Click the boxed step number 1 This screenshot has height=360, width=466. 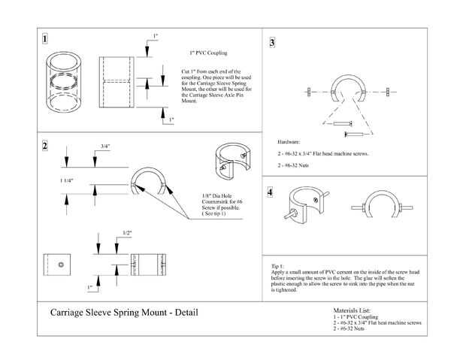coord(47,39)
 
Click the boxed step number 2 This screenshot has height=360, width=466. coord(47,145)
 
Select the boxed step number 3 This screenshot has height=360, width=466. coord(272,43)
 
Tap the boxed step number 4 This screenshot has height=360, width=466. coord(270,192)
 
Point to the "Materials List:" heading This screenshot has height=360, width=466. coord(351,310)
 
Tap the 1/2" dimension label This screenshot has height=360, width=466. coord(128,234)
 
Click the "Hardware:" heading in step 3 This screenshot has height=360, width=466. coord(289,141)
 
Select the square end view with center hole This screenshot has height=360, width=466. coord(59,265)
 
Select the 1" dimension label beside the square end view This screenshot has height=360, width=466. coord(89,287)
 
